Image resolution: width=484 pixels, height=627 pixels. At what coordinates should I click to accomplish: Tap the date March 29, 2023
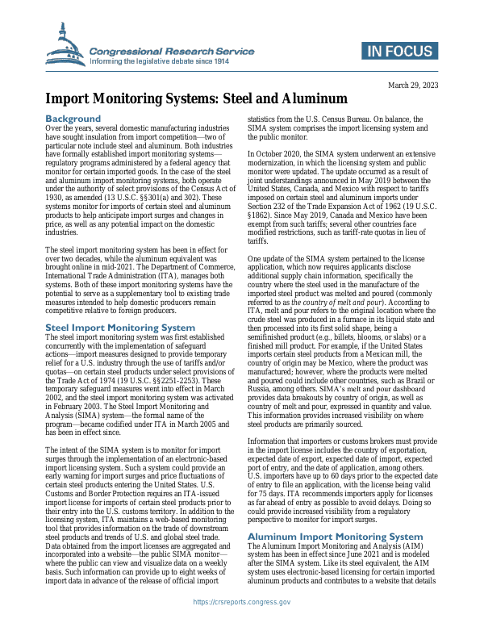tap(413, 85)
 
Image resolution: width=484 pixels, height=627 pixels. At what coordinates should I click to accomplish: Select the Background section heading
tap(73, 119)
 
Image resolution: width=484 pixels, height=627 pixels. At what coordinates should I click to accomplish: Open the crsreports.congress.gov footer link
tap(242, 602)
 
